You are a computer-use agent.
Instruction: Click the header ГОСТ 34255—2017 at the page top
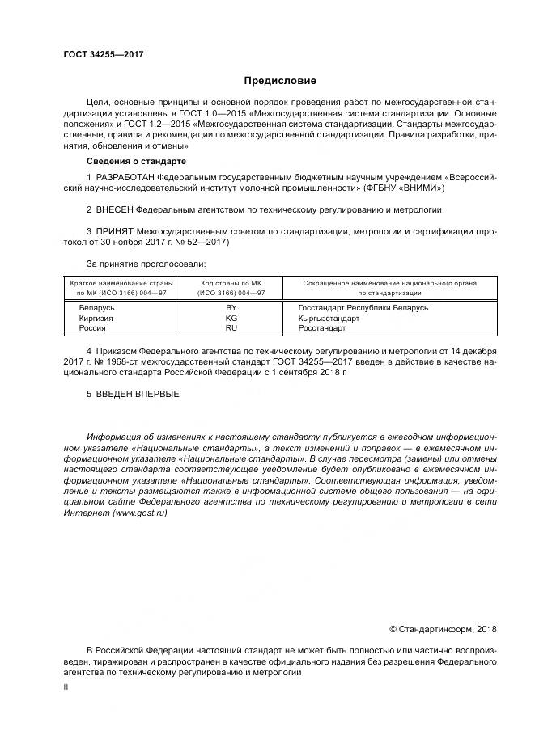104,55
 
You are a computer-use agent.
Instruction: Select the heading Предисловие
280,81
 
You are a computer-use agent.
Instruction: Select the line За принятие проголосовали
146,264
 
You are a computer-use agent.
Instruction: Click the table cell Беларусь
96,308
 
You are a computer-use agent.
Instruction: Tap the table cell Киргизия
96,319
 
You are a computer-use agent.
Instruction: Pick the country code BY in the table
231,308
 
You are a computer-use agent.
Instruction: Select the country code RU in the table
231,329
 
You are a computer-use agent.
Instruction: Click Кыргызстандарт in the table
327,319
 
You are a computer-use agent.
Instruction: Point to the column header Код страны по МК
231,283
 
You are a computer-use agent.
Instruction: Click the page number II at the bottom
66,686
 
